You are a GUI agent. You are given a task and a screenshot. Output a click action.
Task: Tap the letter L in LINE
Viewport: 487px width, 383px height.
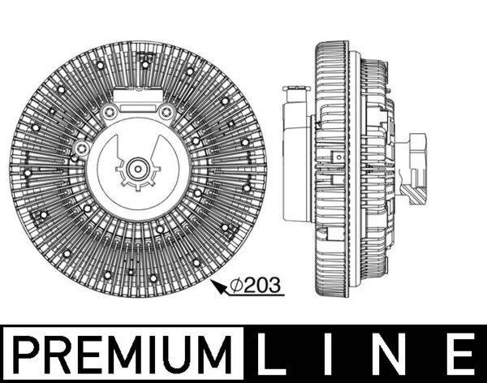274,355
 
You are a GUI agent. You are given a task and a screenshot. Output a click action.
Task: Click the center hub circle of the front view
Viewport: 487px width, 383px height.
136,170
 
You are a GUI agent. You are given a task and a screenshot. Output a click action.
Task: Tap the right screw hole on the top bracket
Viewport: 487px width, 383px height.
165,112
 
